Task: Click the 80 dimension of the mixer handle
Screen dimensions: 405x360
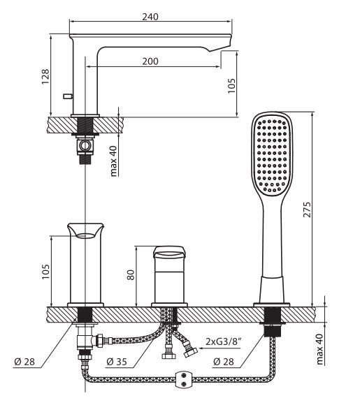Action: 129,274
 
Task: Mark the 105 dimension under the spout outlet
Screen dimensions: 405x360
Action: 231,84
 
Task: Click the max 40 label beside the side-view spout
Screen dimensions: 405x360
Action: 113,160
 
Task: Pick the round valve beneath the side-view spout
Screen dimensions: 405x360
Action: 85,145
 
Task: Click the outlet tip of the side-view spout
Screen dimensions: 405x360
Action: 222,47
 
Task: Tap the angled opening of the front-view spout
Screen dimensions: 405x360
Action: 85,231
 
